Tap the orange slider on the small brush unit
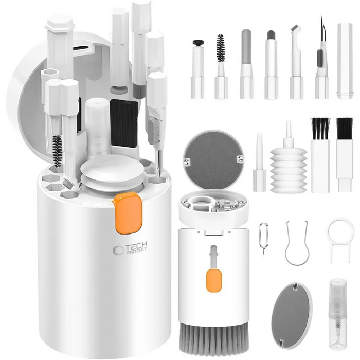tap(214, 281)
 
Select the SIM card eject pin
tap(264, 239)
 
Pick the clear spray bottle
tap(337, 313)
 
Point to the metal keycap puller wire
tap(296, 244)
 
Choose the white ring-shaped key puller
tap(340, 240)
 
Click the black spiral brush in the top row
tap(221, 48)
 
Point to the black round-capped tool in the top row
tap(198, 42)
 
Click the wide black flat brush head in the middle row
tap(345, 129)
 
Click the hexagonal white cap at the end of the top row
tap(345, 61)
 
